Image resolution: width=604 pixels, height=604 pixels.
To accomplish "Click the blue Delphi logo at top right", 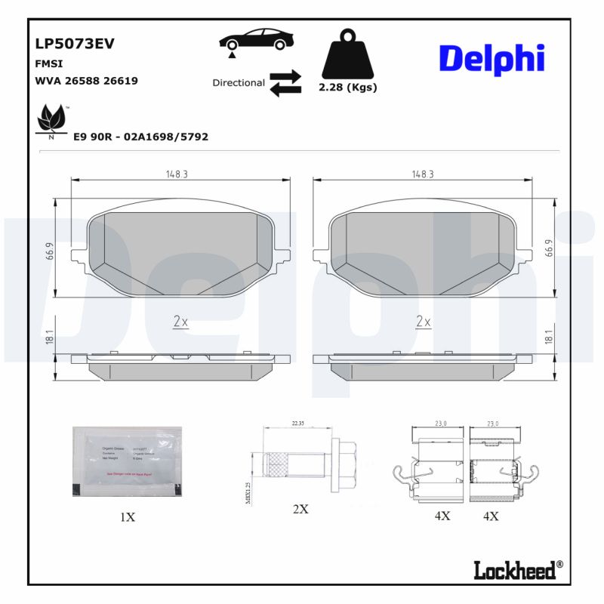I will tap(492, 59).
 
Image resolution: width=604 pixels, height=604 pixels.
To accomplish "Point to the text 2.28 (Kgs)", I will tap(348, 88).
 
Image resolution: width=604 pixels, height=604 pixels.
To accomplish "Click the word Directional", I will tap(239, 83).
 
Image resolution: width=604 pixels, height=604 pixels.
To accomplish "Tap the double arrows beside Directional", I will tap(285, 83).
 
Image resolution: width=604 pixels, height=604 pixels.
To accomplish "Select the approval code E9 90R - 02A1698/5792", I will tap(140, 137).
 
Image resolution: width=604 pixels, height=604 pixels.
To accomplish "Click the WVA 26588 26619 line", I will tap(86, 80).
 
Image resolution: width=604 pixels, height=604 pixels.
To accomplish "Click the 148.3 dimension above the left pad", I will tap(177, 174).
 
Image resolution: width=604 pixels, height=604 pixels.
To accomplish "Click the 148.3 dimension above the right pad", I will tap(422, 174).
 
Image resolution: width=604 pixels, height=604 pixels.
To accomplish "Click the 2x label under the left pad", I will tap(180, 322).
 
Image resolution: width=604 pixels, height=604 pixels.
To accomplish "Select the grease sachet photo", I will tap(127, 461).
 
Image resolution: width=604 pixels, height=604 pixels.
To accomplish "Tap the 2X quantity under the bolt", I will tap(300, 509).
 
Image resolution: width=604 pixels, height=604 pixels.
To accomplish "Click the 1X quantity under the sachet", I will tap(127, 517).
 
